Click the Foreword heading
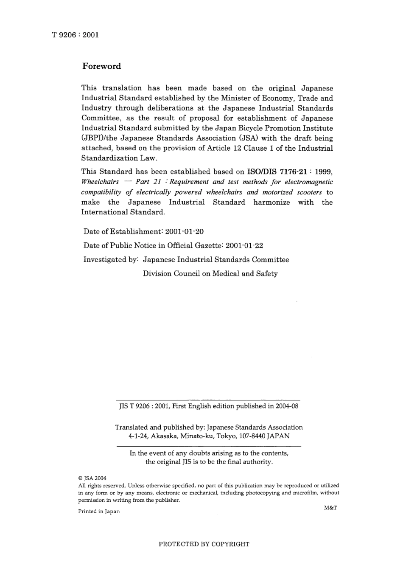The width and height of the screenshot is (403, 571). click(101, 66)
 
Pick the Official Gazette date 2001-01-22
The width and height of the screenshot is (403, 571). click(244, 246)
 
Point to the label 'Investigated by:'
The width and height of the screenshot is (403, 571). click(111, 260)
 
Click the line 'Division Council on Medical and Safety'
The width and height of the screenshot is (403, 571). click(210, 274)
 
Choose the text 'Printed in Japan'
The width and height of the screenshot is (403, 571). click(99, 512)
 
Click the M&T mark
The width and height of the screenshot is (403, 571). click(330, 508)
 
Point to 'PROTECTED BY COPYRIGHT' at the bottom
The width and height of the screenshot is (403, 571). click(204, 544)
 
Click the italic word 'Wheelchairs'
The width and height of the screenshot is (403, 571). click(100, 182)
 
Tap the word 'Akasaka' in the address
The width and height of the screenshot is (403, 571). click(164, 436)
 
